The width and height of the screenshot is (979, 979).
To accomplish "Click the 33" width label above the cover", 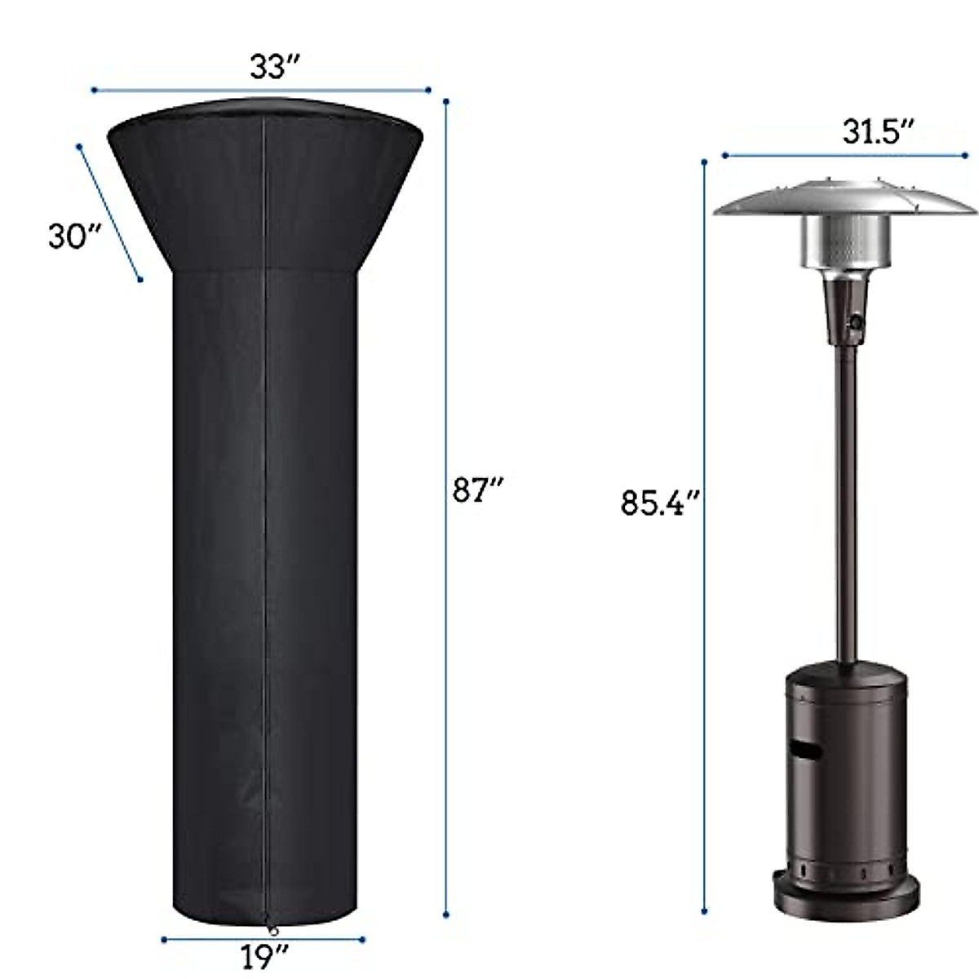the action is click(x=270, y=67).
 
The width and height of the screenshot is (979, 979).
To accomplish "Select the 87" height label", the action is click(x=477, y=490).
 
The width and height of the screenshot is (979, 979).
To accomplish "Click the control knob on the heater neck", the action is click(x=856, y=322).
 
